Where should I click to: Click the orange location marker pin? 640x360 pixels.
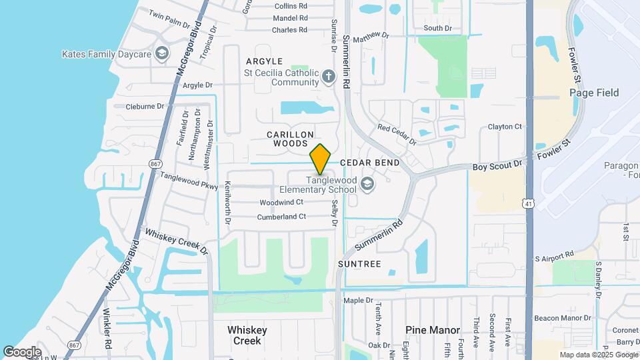click(x=321, y=159)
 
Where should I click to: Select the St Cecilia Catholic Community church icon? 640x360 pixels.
click(x=328, y=77)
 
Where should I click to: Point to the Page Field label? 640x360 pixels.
click(x=595, y=93)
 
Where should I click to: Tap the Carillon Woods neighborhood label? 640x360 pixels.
click(x=290, y=139)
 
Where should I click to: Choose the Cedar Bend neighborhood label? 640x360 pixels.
click(x=370, y=163)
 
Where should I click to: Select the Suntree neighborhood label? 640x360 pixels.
click(x=359, y=264)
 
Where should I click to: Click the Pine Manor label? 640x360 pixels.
click(x=433, y=330)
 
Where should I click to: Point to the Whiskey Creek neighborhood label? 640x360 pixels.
click(x=247, y=335)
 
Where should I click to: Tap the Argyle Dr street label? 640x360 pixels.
click(x=197, y=85)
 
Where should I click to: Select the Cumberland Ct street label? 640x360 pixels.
click(x=283, y=217)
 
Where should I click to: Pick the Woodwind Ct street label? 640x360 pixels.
click(x=281, y=202)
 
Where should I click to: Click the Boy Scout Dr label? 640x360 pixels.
click(x=497, y=165)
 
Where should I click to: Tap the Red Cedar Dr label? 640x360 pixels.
click(x=397, y=134)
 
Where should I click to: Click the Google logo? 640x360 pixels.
click(x=22, y=351)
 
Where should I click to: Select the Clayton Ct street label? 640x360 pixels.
click(x=505, y=127)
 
